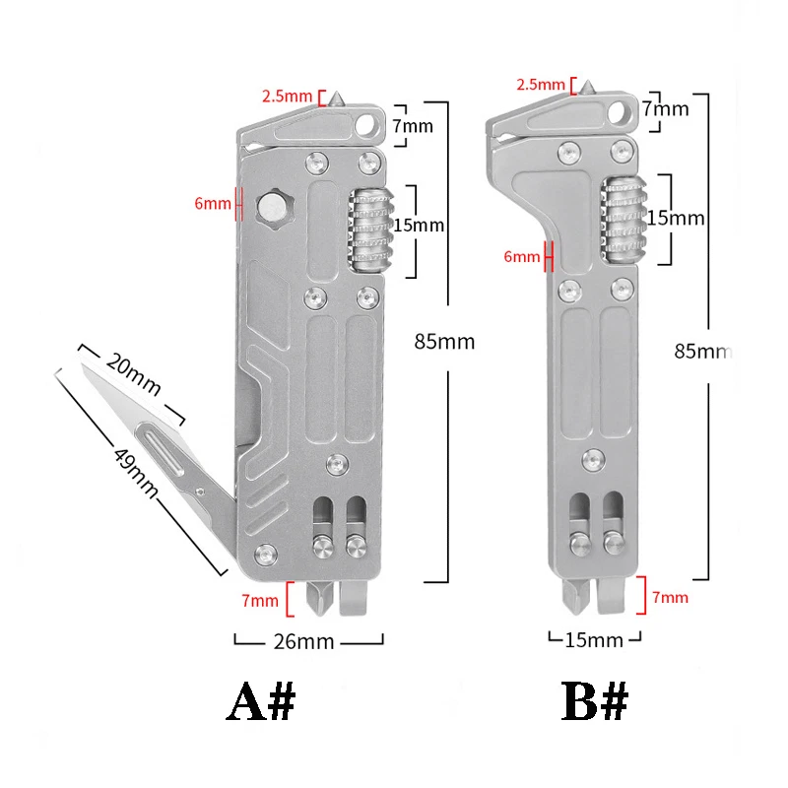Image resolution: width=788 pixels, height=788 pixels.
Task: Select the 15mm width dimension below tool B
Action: (x=595, y=640)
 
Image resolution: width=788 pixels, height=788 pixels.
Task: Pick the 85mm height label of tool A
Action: (x=444, y=343)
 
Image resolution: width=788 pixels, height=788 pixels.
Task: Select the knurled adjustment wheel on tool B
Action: (x=622, y=219)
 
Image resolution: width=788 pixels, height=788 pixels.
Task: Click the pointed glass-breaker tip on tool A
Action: (x=336, y=97)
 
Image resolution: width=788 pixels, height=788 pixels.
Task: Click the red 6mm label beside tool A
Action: (x=212, y=204)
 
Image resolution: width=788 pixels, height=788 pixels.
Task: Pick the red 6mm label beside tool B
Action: (x=522, y=257)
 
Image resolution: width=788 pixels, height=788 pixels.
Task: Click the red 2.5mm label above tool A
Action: (x=287, y=97)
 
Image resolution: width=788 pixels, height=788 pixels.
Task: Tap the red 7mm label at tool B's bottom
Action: (x=670, y=597)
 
